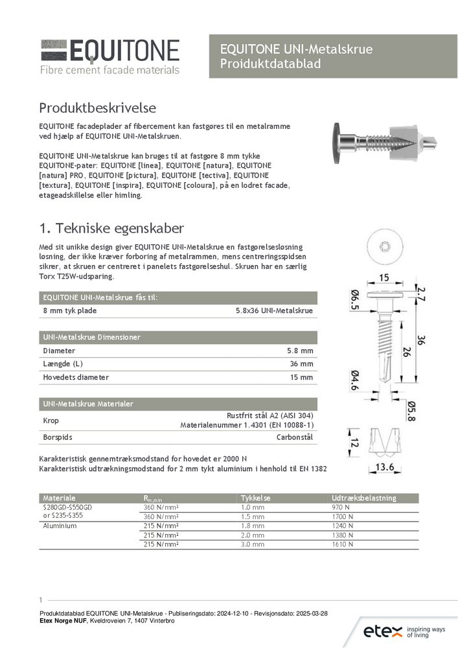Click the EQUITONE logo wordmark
tap(124, 51)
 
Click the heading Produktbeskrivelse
tap(97, 107)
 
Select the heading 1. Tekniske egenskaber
tap(111, 228)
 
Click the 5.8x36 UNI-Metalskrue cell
tap(275, 311)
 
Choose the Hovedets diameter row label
tap(76, 377)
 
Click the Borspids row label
tap(58, 437)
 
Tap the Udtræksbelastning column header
tap(364, 498)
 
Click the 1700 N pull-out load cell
tap(342, 516)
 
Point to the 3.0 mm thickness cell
tap(253, 544)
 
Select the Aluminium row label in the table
tap(60, 526)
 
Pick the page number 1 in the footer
tap(40, 599)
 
